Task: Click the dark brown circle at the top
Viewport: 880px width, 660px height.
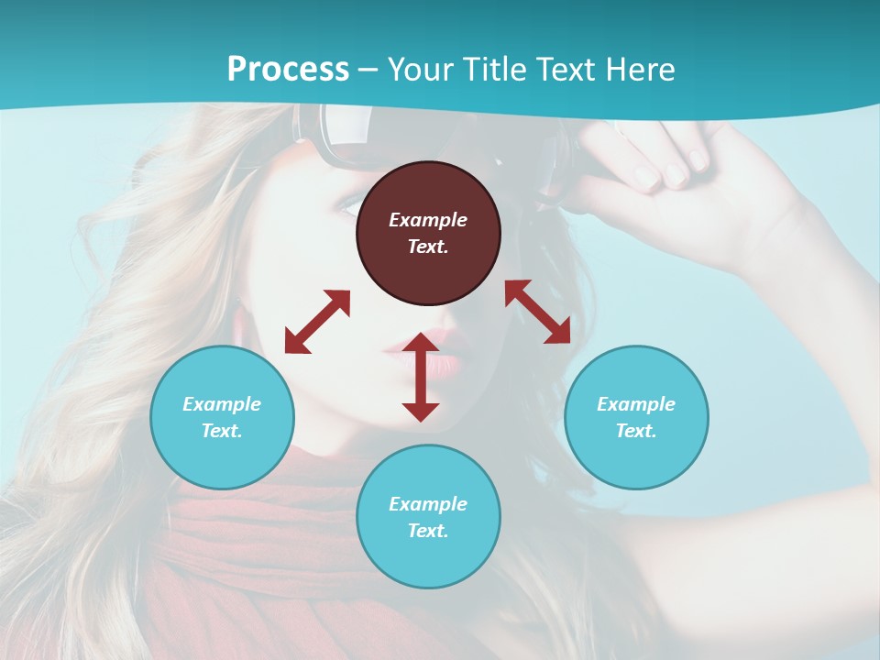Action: [428, 233]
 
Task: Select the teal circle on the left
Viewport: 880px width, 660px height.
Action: [222, 417]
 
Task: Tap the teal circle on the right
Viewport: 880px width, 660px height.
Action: [636, 417]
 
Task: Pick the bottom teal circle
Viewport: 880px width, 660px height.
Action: [428, 517]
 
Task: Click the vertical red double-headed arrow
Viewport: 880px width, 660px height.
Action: [421, 377]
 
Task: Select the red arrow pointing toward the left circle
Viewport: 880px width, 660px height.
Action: [317, 321]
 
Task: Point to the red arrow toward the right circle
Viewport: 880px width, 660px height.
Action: [538, 312]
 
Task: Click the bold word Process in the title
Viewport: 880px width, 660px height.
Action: [288, 69]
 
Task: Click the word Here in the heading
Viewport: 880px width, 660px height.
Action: [640, 69]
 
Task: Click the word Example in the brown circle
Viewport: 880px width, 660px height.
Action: [428, 220]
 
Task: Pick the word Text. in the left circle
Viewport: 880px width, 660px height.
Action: [222, 431]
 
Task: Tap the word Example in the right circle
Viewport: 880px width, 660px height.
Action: [636, 404]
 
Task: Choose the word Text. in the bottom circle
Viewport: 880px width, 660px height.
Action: [428, 531]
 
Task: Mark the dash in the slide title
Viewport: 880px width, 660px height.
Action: [368, 70]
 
